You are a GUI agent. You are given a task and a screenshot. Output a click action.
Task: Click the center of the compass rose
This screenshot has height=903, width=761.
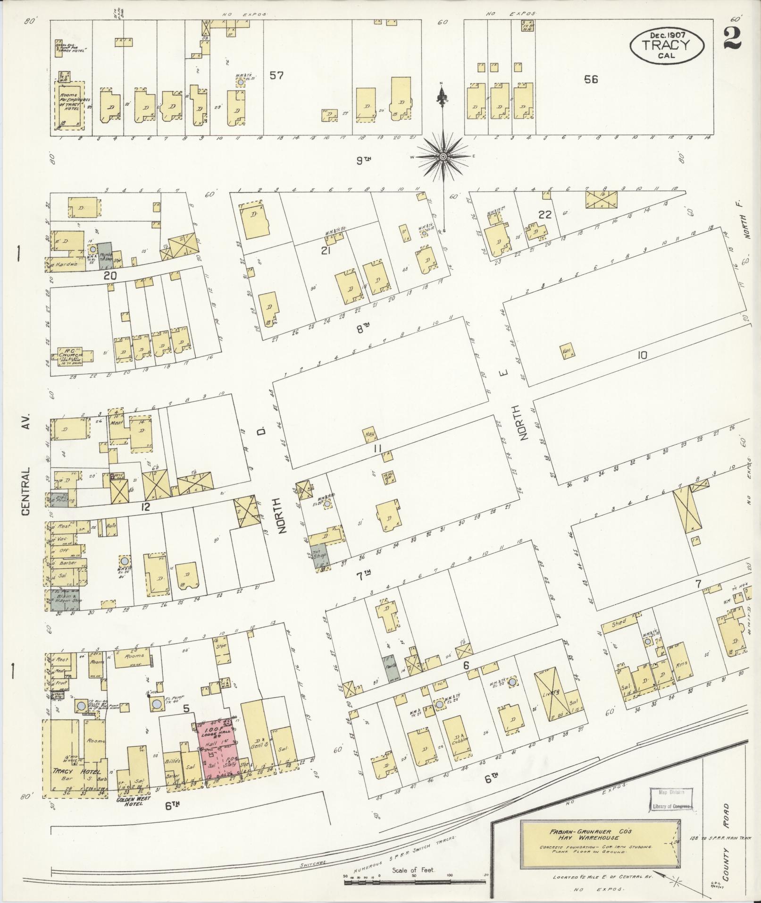[443, 156]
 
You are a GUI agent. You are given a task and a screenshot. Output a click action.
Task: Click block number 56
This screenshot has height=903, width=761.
[591, 80]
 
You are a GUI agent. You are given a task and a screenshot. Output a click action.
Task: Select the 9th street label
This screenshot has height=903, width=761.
[363, 161]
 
